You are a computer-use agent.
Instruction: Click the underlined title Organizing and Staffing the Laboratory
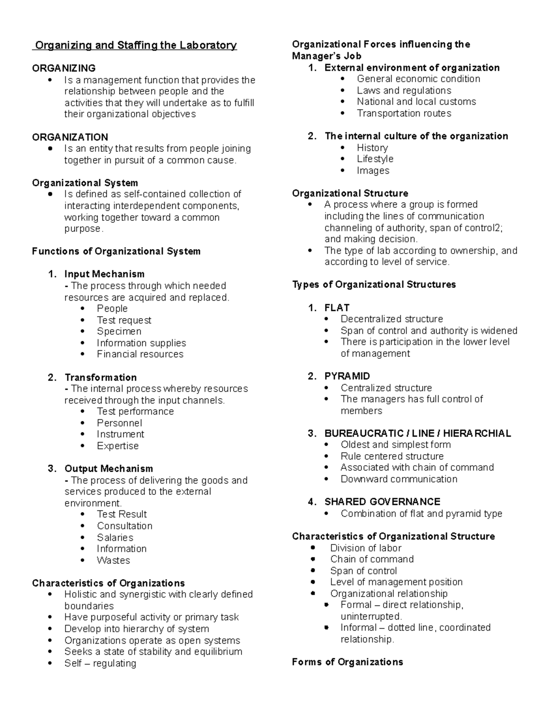pos(136,45)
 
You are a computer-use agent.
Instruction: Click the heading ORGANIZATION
pos(70,137)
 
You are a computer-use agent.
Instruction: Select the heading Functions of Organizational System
pos(116,251)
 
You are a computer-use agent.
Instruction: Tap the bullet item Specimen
pos(119,331)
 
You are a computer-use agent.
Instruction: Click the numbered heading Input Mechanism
pos(104,274)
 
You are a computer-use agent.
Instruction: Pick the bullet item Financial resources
pos(140,354)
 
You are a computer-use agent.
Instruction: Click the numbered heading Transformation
pos(100,377)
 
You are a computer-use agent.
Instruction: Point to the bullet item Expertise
pos(117,446)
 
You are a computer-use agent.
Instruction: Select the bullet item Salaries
pos(115,538)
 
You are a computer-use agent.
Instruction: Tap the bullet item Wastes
pos(113,560)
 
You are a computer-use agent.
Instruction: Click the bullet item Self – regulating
pos(100,663)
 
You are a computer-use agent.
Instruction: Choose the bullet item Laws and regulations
pos(403,90)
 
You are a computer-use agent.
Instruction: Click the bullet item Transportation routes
pos(403,113)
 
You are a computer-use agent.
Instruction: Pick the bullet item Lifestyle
pos(375,159)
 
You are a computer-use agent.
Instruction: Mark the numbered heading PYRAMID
pos(347,376)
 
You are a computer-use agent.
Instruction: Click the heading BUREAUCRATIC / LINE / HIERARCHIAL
pos(417,433)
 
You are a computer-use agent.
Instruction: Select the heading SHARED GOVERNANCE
pos(382,502)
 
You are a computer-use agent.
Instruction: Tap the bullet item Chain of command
pos(372,559)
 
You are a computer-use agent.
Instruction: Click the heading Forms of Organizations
pos(347,662)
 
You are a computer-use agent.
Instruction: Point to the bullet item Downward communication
pos(399,479)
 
